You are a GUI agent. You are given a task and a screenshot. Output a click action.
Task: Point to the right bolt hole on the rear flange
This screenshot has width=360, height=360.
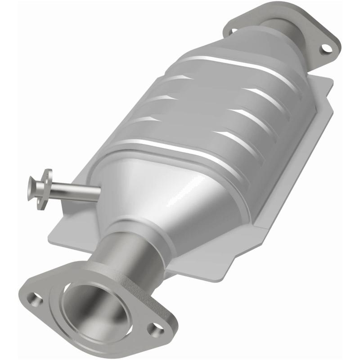(324, 49)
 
